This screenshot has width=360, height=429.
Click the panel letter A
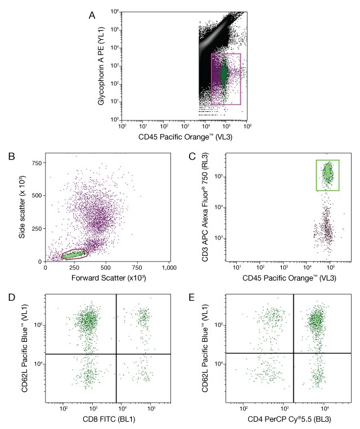point(92,15)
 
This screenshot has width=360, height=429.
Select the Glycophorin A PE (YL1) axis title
point(102,66)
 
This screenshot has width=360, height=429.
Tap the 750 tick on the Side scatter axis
point(38,164)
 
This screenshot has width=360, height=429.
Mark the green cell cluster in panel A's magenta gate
point(224,73)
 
